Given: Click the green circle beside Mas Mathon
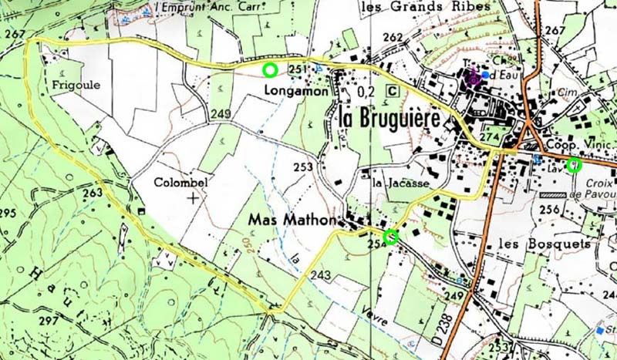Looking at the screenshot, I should tap(390, 237).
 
